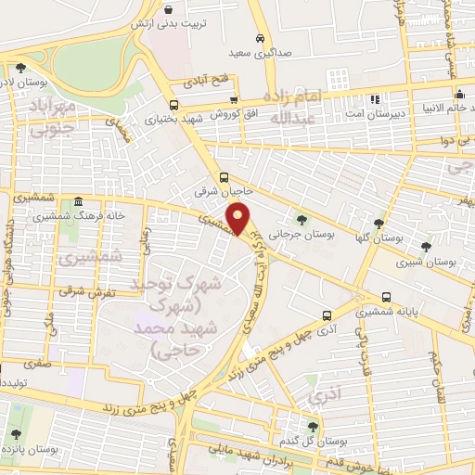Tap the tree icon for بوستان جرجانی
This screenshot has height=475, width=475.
[x=302, y=220]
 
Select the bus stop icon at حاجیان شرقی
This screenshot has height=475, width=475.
[x=224, y=177]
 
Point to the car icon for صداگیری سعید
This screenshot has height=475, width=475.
[x=261, y=38]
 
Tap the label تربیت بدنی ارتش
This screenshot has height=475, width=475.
[x=173, y=20]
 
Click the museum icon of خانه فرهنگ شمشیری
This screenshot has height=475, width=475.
[x=78, y=201]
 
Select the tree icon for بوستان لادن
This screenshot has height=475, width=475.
[x=20, y=67]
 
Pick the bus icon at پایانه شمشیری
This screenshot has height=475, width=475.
[x=386, y=297]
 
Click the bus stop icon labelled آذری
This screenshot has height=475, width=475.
[x=326, y=315]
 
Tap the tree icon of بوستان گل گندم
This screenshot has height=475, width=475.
[x=313, y=426]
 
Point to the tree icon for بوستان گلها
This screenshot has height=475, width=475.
[x=378, y=223]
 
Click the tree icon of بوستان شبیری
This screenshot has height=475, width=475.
[x=425, y=246]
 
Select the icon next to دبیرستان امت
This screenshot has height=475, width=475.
[x=375, y=98]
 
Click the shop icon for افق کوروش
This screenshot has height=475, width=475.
[x=234, y=102]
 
